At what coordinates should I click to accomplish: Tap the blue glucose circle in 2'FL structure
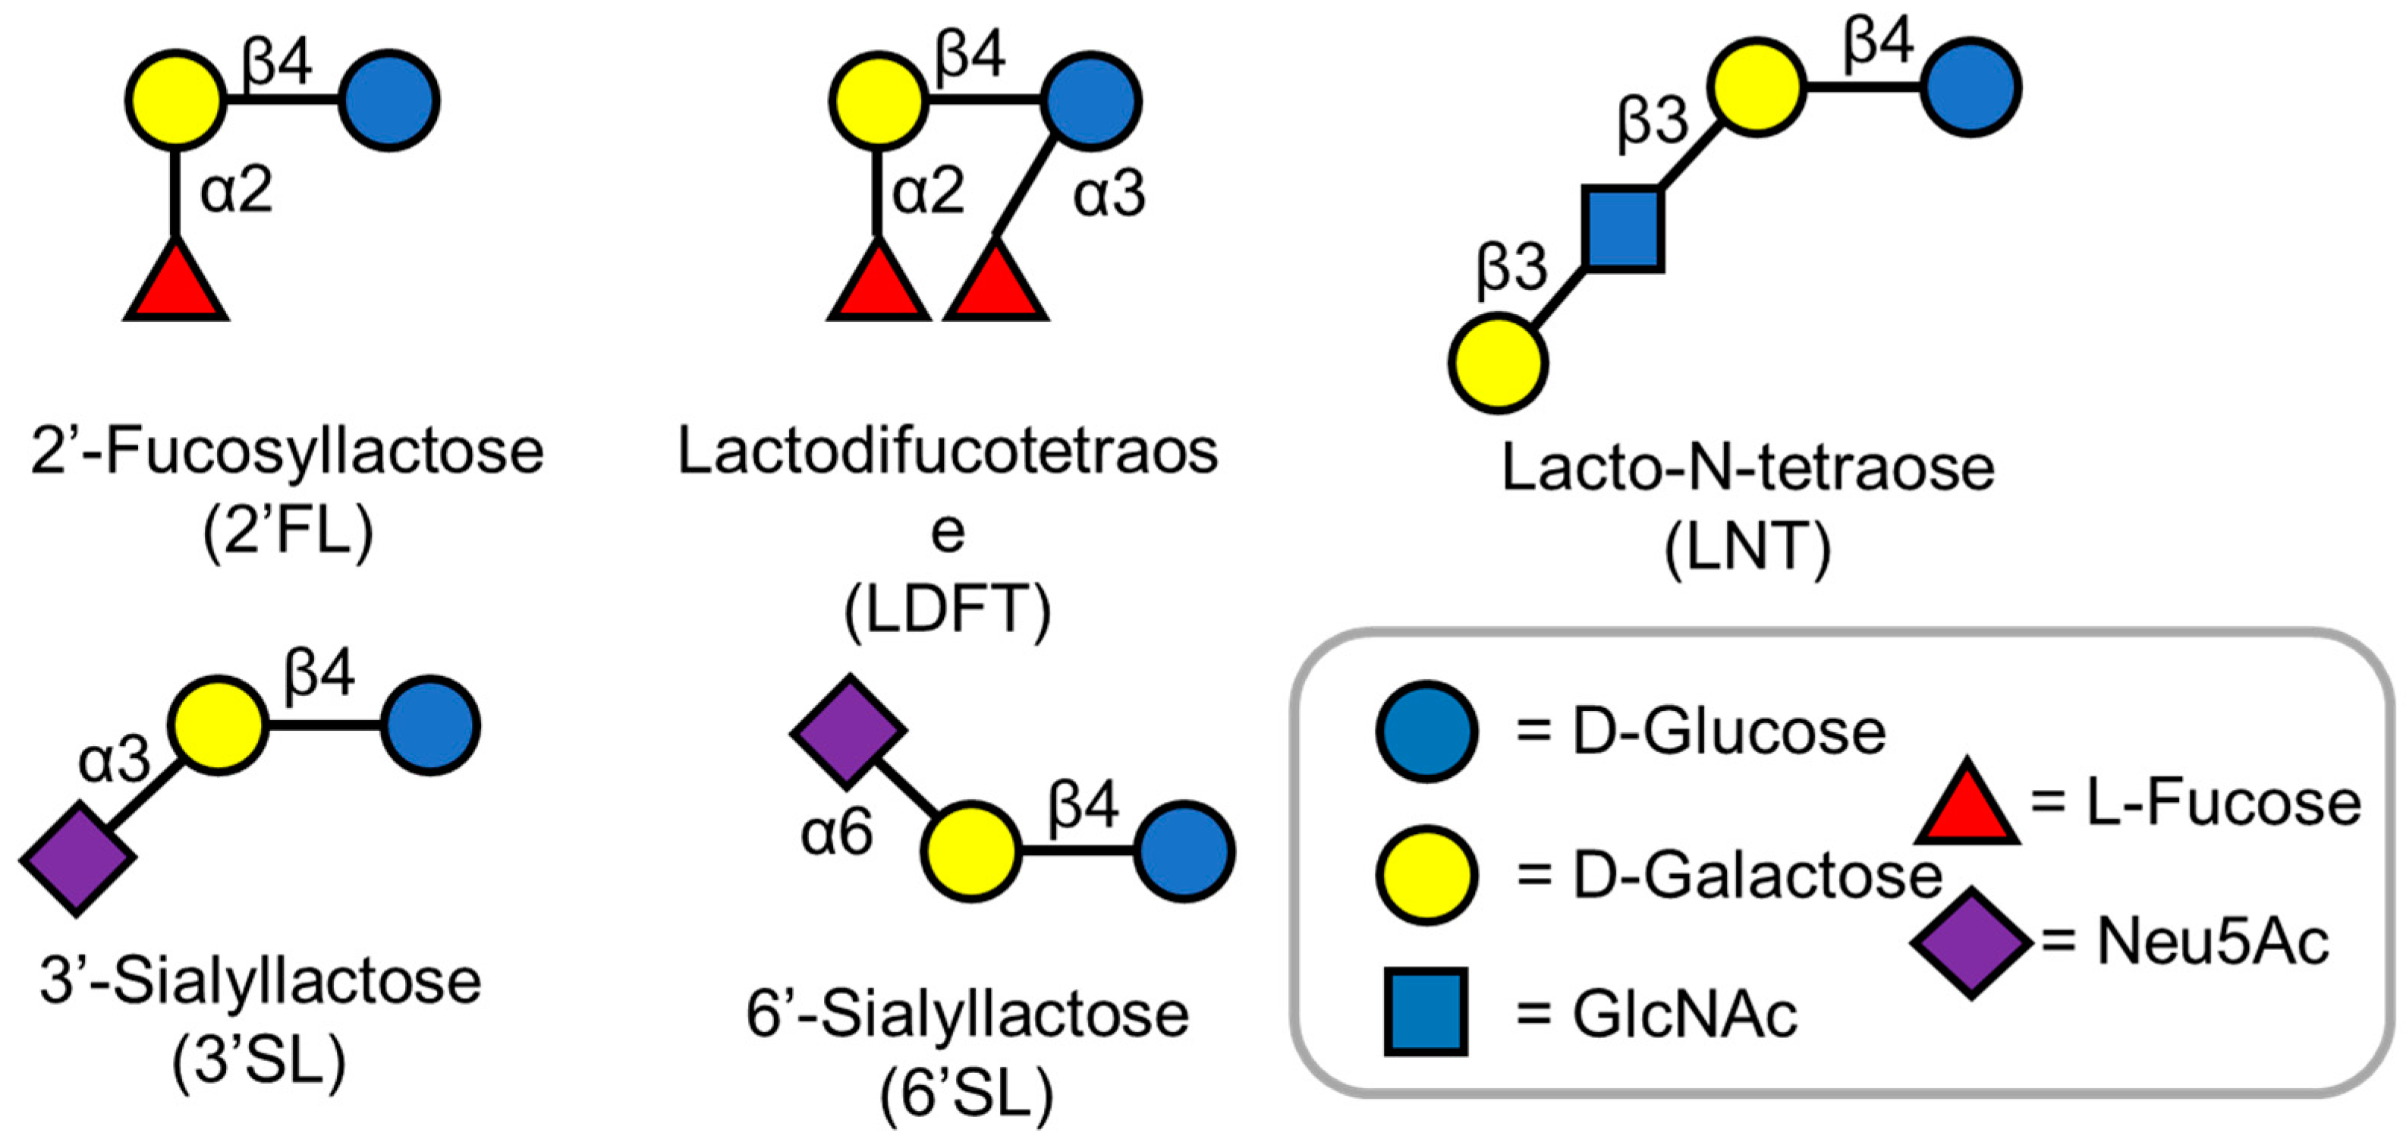click(388, 101)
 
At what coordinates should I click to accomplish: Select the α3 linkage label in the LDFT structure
click(1109, 194)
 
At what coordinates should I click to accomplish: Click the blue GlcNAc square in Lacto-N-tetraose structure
click(1623, 230)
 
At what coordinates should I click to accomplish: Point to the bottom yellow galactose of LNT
click(1497, 363)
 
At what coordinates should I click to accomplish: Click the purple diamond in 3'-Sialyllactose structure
click(77, 858)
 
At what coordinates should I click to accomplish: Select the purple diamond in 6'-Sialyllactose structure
click(848, 732)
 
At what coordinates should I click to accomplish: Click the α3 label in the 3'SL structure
click(114, 759)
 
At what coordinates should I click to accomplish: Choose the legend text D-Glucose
click(1728, 732)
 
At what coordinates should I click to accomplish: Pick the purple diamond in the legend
click(1970, 942)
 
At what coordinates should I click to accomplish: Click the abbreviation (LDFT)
click(947, 609)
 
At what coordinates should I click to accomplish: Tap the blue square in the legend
click(1425, 1012)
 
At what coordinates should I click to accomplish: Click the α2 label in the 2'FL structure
click(236, 190)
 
